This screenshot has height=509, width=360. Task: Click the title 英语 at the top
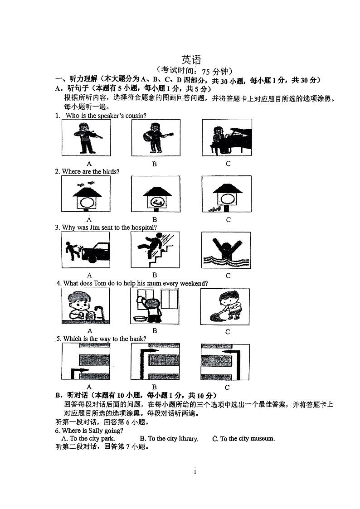click(191, 60)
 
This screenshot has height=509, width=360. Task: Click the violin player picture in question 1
click(86, 138)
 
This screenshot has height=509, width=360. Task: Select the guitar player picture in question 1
click(156, 138)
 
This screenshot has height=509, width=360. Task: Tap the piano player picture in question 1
click(227, 138)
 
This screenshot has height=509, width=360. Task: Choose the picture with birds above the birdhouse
click(86, 194)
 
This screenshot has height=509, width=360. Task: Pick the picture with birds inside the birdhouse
click(156, 194)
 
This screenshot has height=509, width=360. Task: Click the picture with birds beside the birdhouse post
click(226, 194)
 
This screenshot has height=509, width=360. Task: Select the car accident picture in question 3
click(86, 250)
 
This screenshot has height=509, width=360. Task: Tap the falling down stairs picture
click(155, 250)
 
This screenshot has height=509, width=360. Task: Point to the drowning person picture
click(225, 250)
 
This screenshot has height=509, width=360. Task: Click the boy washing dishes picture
click(85, 306)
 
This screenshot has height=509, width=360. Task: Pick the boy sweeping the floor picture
click(225, 306)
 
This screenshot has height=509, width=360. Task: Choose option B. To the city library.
click(169, 438)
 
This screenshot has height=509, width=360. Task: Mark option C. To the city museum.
click(243, 438)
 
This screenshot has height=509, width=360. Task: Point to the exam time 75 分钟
click(216, 71)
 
